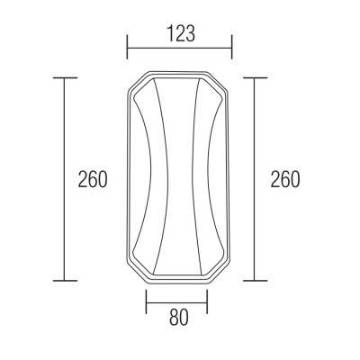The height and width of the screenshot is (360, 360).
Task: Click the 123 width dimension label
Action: [181, 33]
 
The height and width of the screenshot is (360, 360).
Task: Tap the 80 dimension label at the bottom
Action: [179, 318]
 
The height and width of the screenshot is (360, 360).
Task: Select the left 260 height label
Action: [93, 179]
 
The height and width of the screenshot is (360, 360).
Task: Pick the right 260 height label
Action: [285, 179]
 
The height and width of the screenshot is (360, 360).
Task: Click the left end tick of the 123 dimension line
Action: [128, 47]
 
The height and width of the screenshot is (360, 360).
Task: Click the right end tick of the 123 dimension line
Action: [232, 47]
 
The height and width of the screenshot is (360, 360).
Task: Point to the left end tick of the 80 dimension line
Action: [146, 301]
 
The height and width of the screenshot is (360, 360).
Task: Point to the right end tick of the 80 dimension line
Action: [207, 301]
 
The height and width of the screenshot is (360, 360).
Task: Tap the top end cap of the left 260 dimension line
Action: [65, 78]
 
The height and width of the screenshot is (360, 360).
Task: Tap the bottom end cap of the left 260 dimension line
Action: [65, 281]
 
